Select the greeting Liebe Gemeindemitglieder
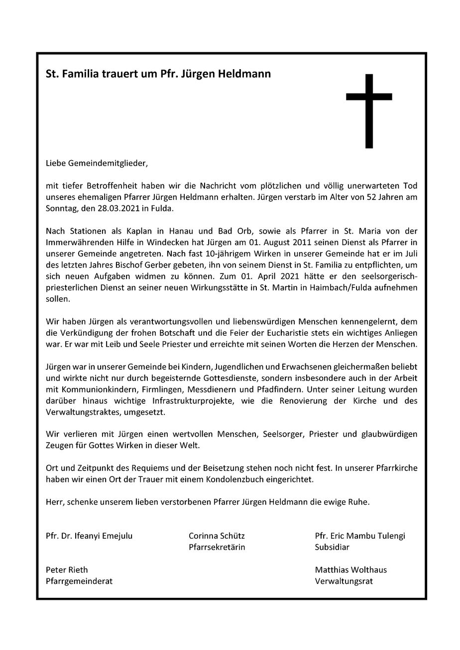97,163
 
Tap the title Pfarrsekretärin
217,547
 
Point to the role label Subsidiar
332,547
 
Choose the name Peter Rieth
67,569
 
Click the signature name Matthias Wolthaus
351,569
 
